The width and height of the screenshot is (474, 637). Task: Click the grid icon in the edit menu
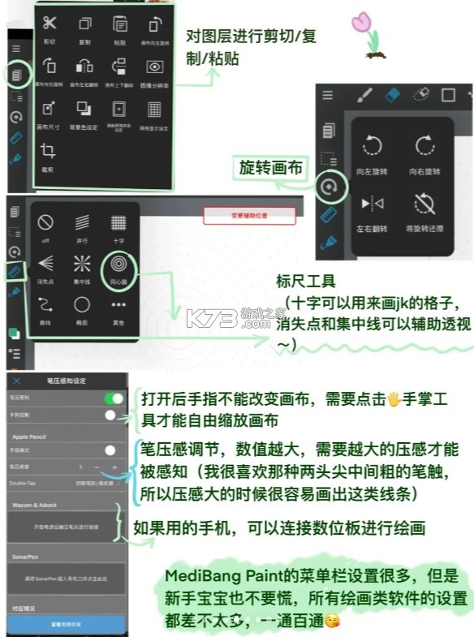click(154, 109)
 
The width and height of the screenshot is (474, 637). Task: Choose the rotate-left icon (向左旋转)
click(373, 146)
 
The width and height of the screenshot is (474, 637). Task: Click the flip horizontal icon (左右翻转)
click(373, 201)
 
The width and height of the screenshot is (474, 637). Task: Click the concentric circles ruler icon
click(118, 265)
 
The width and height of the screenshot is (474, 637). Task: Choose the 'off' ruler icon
click(45, 222)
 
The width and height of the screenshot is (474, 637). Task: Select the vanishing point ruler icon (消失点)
click(45, 264)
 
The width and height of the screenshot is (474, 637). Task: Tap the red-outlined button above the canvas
click(248, 216)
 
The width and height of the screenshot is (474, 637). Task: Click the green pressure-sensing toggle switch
click(113, 398)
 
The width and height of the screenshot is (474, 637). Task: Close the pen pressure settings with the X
click(17, 381)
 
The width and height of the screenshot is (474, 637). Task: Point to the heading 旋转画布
click(269, 168)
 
